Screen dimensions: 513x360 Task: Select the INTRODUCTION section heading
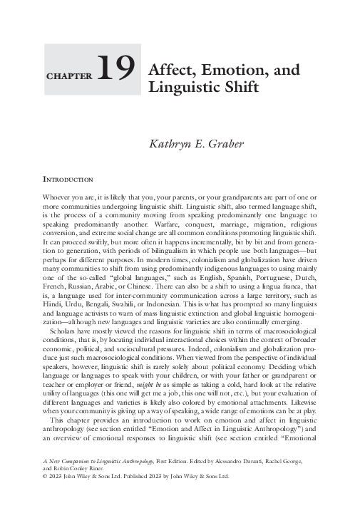(x=69, y=178)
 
